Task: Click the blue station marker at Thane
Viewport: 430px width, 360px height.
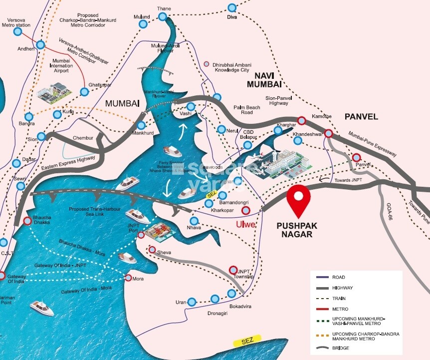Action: click(x=163, y=17)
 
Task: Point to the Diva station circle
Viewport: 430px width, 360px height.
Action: click(x=231, y=7)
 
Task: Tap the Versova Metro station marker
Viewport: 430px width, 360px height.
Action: click(x=17, y=31)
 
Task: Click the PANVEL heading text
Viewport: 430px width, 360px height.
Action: click(x=361, y=117)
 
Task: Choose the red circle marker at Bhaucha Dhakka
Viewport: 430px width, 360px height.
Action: click(x=27, y=221)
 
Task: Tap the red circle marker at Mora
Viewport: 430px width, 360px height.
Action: click(x=129, y=278)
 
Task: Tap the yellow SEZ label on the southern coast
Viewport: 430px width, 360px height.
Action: click(x=246, y=343)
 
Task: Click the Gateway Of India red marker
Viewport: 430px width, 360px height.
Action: click(x=2, y=275)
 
